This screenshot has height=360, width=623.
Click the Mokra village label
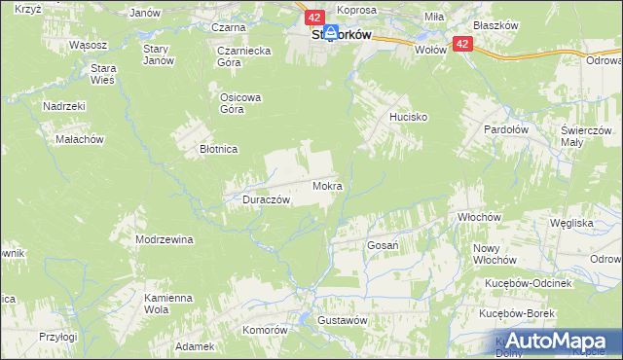327,185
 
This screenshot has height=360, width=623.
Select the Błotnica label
219,149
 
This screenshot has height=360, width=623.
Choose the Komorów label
266,330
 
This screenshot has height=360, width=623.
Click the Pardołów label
507,128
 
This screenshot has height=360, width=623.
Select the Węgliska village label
571,223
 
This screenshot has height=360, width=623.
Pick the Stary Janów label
157,54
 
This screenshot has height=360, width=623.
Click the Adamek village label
194,346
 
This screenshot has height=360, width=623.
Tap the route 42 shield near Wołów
462,44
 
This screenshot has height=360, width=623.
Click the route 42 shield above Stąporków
313,18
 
